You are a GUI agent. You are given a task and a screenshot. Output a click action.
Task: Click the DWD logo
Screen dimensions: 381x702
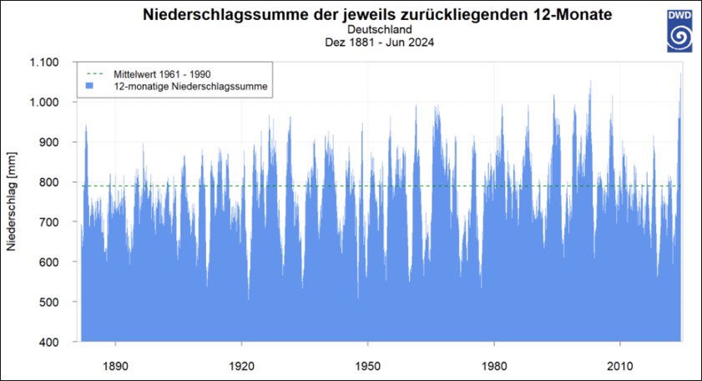pyautogui.click(x=679, y=31)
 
